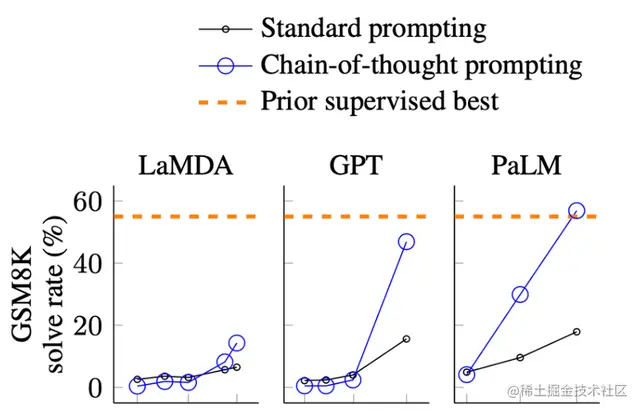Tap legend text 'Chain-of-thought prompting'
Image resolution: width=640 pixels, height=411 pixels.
click(x=420, y=65)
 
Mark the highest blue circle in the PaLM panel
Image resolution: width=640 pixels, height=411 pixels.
click(x=576, y=212)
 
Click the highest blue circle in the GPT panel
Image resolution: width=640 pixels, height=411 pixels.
click(x=406, y=242)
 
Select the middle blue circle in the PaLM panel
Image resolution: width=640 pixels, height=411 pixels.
click(x=520, y=294)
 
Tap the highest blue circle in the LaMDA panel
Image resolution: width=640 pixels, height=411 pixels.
click(x=236, y=343)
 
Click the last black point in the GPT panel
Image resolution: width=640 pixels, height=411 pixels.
click(x=406, y=339)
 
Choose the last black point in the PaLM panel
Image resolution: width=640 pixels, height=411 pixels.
click(x=576, y=331)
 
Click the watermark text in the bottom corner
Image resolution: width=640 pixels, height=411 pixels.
click(x=571, y=391)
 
